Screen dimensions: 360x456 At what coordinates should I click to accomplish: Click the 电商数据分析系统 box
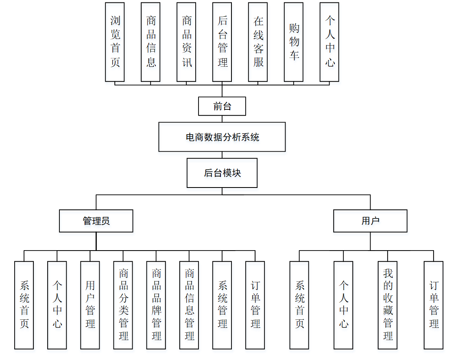222,137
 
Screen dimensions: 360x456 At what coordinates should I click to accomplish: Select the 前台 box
222,106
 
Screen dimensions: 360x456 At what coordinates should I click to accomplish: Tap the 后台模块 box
222,173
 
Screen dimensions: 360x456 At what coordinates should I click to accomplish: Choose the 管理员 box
96,221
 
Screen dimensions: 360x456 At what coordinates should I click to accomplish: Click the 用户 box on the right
370,221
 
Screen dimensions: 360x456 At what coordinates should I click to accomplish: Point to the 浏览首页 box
115,42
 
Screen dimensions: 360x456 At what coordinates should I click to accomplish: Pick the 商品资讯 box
186,42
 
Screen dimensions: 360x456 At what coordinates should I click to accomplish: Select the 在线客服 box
258,42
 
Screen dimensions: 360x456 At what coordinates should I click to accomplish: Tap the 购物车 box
294,42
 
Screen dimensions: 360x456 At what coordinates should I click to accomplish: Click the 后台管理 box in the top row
222,42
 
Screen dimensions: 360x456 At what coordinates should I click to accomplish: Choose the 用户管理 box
90,305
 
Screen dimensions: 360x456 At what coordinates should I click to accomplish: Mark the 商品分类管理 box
123,305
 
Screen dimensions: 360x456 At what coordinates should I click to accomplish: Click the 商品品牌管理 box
156,305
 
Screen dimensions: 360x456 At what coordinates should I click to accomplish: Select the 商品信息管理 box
189,305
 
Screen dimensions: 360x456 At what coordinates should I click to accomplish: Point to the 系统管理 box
222,305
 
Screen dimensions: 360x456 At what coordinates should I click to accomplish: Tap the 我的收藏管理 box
387,305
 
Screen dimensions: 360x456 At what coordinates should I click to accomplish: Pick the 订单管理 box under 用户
433,305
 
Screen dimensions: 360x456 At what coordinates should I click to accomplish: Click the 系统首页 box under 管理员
24,305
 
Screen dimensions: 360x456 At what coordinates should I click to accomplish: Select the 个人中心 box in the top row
329,42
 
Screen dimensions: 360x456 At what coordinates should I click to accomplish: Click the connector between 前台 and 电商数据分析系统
222,119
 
